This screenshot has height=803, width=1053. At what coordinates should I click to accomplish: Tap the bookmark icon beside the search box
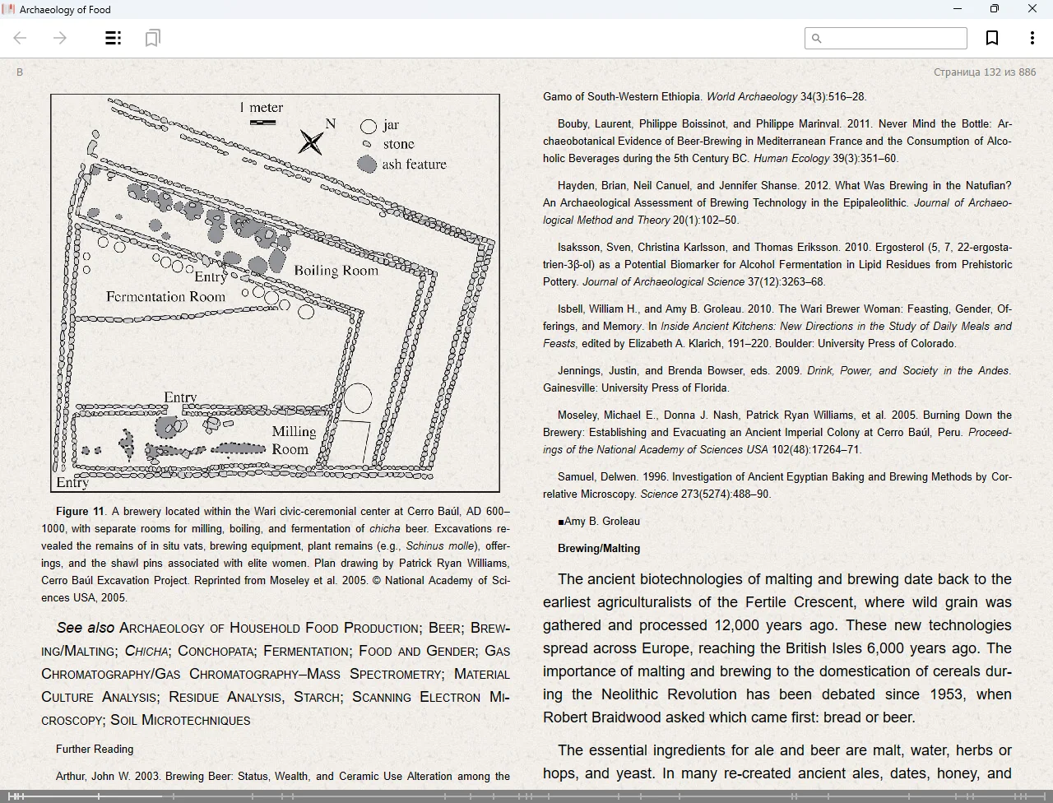[x=992, y=38]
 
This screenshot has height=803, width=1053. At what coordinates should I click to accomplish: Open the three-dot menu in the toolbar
[x=1032, y=38]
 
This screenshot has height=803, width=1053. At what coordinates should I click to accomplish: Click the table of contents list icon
[x=114, y=38]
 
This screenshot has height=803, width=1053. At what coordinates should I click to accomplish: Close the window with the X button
[x=1032, y=9]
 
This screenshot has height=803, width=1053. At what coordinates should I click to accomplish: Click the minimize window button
[x=957, y=9]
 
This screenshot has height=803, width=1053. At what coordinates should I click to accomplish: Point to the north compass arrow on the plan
[x=311, y=142]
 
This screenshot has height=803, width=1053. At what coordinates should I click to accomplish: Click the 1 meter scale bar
[x=262, y=123]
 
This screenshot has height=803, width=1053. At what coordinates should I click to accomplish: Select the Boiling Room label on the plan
[x=336, y=271]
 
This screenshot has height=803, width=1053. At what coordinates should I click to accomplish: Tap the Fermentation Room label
[x=165, y=297]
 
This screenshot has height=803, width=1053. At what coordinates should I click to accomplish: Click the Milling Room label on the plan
[x=293, y=440]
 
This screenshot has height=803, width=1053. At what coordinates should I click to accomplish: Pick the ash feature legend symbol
[x=367, y=164]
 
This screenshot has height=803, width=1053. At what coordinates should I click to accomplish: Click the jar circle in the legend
[x=369, y=126]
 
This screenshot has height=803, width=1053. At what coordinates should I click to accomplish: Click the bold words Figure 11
[x=80, y=512]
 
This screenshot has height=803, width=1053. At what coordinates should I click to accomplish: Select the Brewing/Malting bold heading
[x=598, y=549]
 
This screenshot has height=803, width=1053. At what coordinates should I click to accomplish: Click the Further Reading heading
[x=95, y=750]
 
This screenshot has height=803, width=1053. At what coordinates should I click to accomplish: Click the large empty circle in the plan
[x=357, y=398]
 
